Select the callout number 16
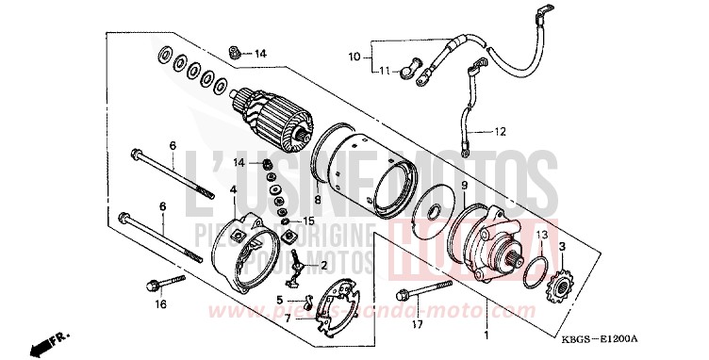click(161, 304)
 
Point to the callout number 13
click(542, 233)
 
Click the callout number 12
click(501, 131)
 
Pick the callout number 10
click(354, 56)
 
